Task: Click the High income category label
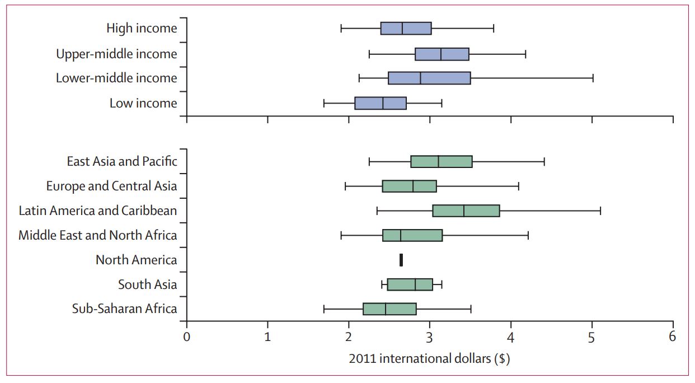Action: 142,28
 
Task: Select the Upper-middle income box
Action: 442,54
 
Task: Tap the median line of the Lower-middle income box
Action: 420,78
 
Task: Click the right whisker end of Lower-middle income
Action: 593,78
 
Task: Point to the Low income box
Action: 380,103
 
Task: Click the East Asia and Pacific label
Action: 121,162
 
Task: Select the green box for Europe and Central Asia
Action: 409,186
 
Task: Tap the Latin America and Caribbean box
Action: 466,211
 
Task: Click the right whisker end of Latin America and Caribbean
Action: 600,211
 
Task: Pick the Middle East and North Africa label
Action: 97,235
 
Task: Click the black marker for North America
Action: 401,260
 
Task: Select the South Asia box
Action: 410,284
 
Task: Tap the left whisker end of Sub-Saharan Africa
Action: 324,309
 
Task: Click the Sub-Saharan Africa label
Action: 124,309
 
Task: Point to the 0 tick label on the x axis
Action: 186,336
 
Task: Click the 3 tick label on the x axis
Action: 429,336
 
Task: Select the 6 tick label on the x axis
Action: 672,336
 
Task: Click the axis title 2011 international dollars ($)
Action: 429,359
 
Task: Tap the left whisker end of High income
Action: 341,28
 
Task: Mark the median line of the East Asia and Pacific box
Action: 438,162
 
